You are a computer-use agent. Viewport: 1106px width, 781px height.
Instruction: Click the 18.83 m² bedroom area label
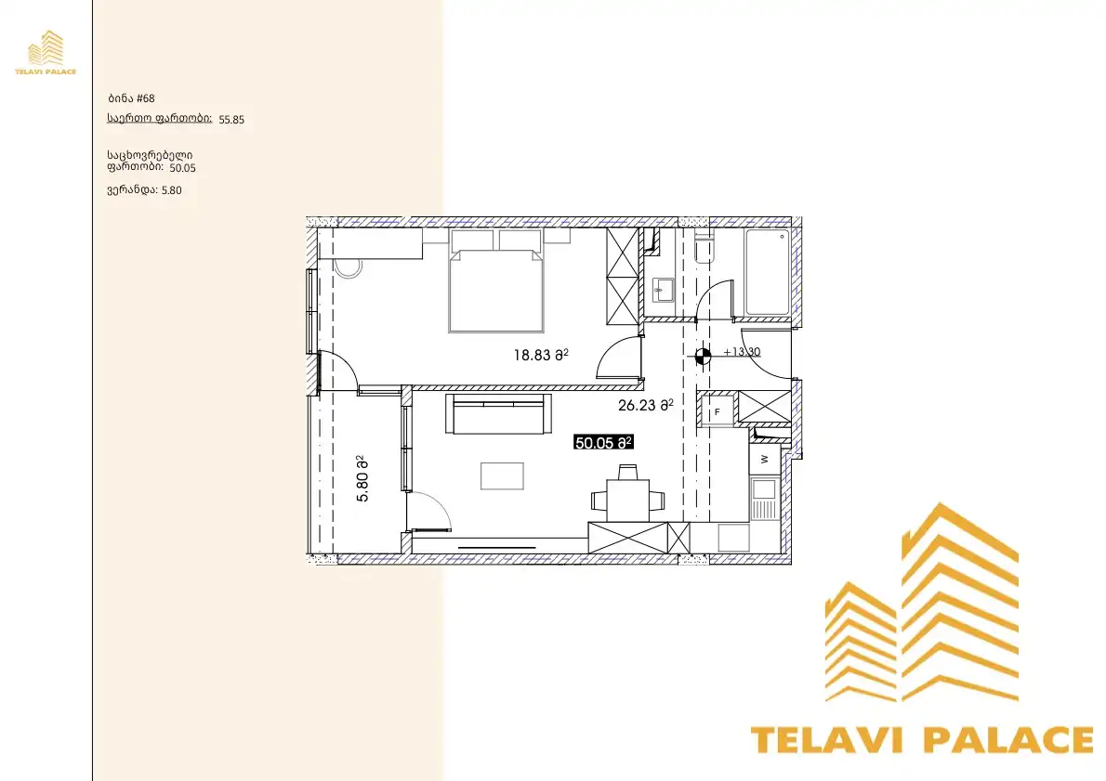[x=541, y=355]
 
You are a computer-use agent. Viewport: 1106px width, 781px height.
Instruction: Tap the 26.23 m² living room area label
[x=645, y=405]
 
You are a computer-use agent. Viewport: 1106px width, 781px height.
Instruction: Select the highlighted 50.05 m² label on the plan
[x=603, y=443]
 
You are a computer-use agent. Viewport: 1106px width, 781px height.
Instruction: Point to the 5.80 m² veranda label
[x=362, y=478]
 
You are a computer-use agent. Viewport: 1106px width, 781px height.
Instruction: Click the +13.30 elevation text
[x=742, y=352]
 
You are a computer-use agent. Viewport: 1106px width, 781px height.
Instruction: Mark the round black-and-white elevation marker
[x=703, y=356]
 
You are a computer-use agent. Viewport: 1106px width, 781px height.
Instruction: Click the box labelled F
[x=718, y=411]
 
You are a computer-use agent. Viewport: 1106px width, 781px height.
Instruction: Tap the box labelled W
[x=765, y=459]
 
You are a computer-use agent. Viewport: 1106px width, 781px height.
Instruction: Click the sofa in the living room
[x=498, y=414]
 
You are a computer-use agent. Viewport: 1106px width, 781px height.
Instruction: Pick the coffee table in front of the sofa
[x=502, y=475]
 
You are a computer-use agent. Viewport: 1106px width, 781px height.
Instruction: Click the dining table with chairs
[x=627, y=497]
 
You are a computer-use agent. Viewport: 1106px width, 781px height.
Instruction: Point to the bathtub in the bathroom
[x=768, y=272]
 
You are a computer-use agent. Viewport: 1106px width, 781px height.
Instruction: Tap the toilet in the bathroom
[x=704, y=247]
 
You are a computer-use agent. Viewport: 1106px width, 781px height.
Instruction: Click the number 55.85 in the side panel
[x=231, y=120]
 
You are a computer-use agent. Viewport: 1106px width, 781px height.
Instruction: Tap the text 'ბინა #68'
[x=131, y=98]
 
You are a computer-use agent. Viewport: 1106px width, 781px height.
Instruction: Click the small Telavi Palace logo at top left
[x=46, y=52]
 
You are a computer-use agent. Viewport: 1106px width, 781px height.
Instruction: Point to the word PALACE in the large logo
[x=1008, y=740]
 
